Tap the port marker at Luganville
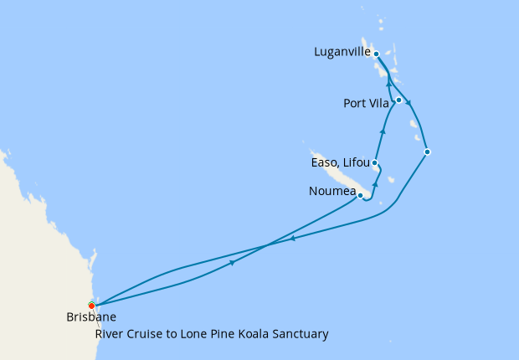[x=377, y=54]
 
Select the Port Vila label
[x=365, y=104]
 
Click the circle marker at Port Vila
[x=399, y=100]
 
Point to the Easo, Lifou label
[x=340, y=163]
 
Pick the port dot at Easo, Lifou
[x=375, y=163]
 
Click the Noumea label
[x=331, y=191]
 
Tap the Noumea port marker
[x=361, y=196]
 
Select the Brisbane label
[x=90, y=317]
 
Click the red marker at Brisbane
[x=91, y=305]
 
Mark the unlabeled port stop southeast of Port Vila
[x=428, y=152]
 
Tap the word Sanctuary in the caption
[x=301, y=334]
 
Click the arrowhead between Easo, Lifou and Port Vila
[x=383, y=131]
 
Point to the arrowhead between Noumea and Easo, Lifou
[x=376, y=183]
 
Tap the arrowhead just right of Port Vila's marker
[x=409, y=105]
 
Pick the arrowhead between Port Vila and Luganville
[x=388, y=84]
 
